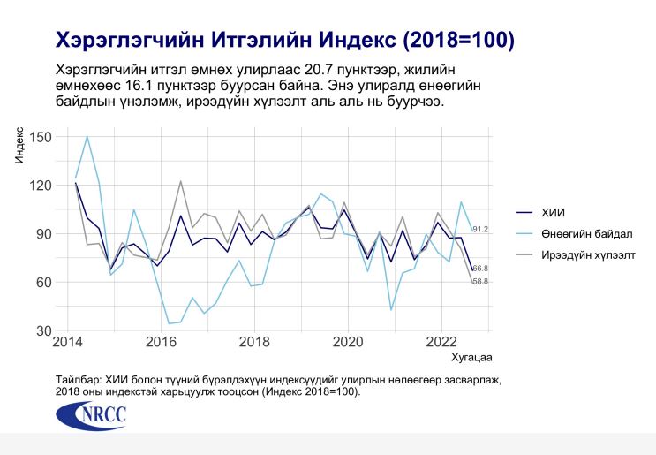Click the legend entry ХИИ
(x=553, y=212)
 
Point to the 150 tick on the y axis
(x=41, y=137)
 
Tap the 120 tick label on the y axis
(x=41, y=186)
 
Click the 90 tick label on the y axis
(x=45, y=234)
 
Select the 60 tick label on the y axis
(x=45, y=283)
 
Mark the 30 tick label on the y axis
(x=45, y=331)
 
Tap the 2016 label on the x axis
(x=160, y=343)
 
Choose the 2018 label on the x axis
(x=254, y=343)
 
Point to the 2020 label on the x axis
(x=348, y=343)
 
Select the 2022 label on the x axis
(x=442, y=343)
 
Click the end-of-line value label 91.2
(x=480, y=230)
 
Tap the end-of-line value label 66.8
(x=480, y=269)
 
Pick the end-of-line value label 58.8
(x=480, y=282)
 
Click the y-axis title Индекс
(x=19, y=146)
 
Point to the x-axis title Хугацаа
(x=471, y=358)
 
